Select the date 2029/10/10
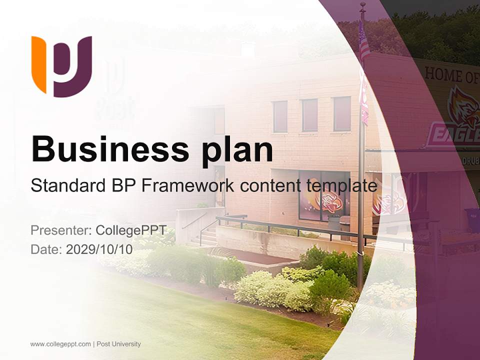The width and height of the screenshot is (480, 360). (x=99, y=249)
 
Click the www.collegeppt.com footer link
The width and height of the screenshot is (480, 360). (x=60, y=344)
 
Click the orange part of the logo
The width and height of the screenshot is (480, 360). (x=39, y=62)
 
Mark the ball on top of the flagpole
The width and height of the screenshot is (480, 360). (x=362, y=5)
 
